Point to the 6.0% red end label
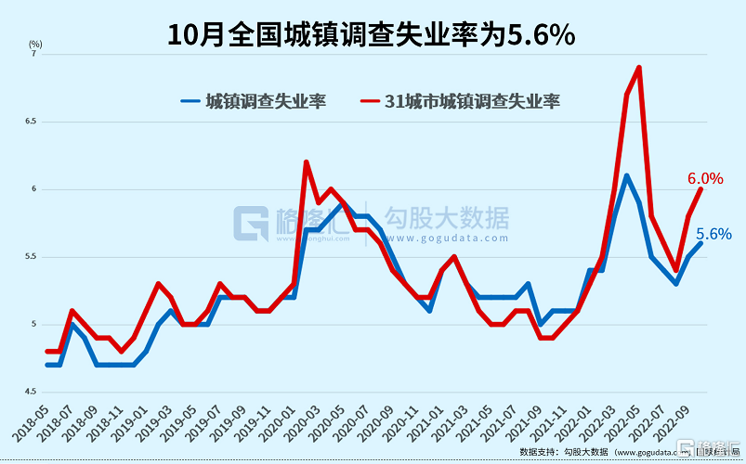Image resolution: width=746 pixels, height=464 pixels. (x=705, y=178)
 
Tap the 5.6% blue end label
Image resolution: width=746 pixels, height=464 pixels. (x=713, y=234)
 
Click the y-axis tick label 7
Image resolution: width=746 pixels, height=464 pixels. (x=33, y=55)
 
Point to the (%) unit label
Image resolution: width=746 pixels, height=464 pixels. (x=35, y=43)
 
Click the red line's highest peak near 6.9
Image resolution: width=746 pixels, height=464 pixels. (x=639, y=68)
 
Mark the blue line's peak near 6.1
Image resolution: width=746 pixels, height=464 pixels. (x=627, y=175)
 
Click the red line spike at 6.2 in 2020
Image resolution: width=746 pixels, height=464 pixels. (x=306, y=162)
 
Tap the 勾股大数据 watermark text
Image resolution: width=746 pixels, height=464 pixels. (x=446, y=219)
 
